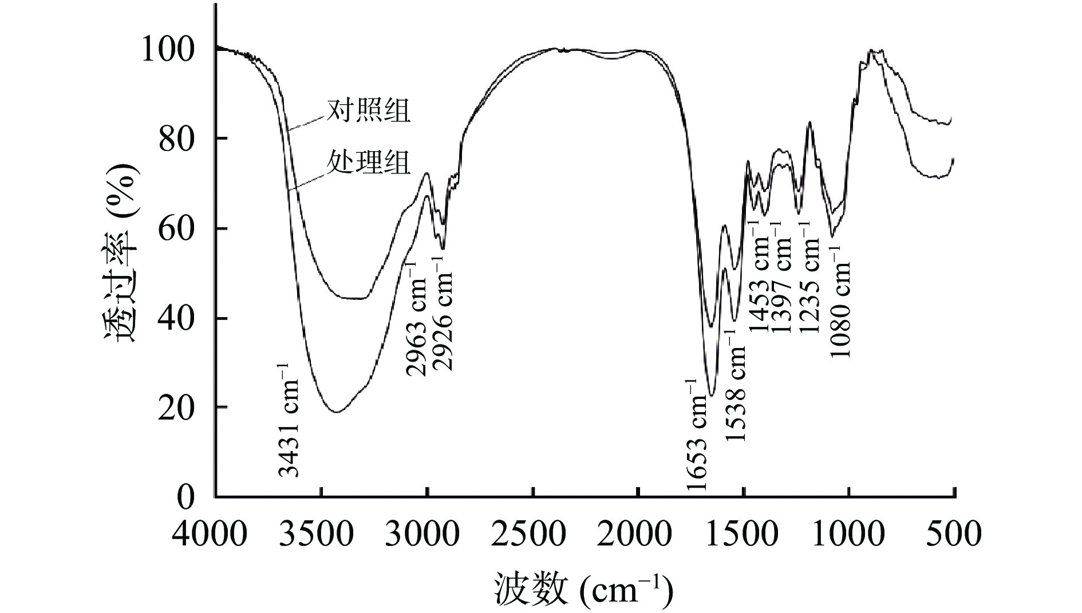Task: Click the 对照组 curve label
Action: click(x=368, y=111)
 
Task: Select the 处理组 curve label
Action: click(x=368, y=163)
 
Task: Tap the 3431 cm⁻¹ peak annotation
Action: click(x=289, y=420)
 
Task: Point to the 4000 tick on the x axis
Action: click(x=210, y=535)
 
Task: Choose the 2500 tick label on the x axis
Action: click(x=532, y=535)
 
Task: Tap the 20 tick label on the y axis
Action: click(x=177, y=408)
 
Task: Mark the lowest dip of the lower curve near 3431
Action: click(x=337, y=412)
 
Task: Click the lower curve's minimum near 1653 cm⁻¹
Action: click(x=711, y=396)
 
